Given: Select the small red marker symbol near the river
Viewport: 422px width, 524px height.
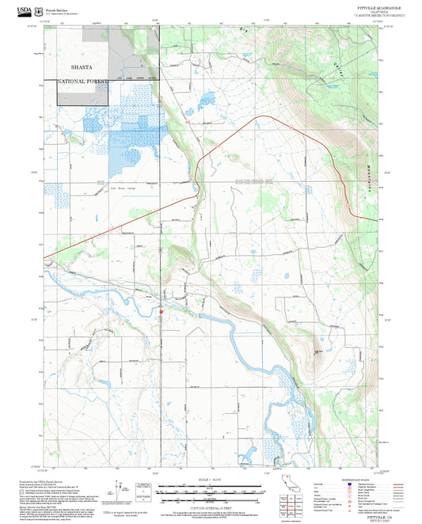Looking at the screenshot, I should click(x=161, y=311).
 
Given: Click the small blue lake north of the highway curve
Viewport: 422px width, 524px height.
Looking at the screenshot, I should click(x=207, y=100).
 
